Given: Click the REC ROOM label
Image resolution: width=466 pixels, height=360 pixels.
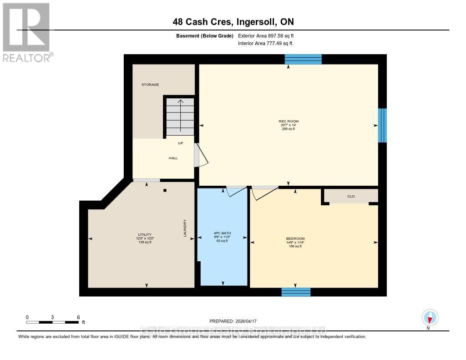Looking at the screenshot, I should point(289,121).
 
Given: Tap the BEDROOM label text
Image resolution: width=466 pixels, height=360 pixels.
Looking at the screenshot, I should point(295,238).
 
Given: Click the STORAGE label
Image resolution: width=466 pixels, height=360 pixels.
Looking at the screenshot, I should point(150,85).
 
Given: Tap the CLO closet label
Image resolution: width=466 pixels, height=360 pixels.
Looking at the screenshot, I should point(351,196).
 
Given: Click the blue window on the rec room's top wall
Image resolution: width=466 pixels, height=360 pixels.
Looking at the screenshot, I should point(303,59).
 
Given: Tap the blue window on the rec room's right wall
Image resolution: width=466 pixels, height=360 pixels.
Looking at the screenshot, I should point(383,126).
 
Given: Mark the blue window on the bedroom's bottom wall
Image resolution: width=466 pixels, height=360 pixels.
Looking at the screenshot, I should point(296,292).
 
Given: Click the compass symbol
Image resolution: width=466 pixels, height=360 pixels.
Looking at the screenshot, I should point(430,317).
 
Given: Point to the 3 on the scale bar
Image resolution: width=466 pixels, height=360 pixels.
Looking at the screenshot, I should point(52,317).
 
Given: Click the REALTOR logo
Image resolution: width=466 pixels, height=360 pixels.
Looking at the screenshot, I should point(26,32).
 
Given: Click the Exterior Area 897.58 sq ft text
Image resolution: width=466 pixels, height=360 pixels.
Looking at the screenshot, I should point(269,35).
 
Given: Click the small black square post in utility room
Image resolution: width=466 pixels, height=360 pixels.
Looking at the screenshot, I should point(165,190).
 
